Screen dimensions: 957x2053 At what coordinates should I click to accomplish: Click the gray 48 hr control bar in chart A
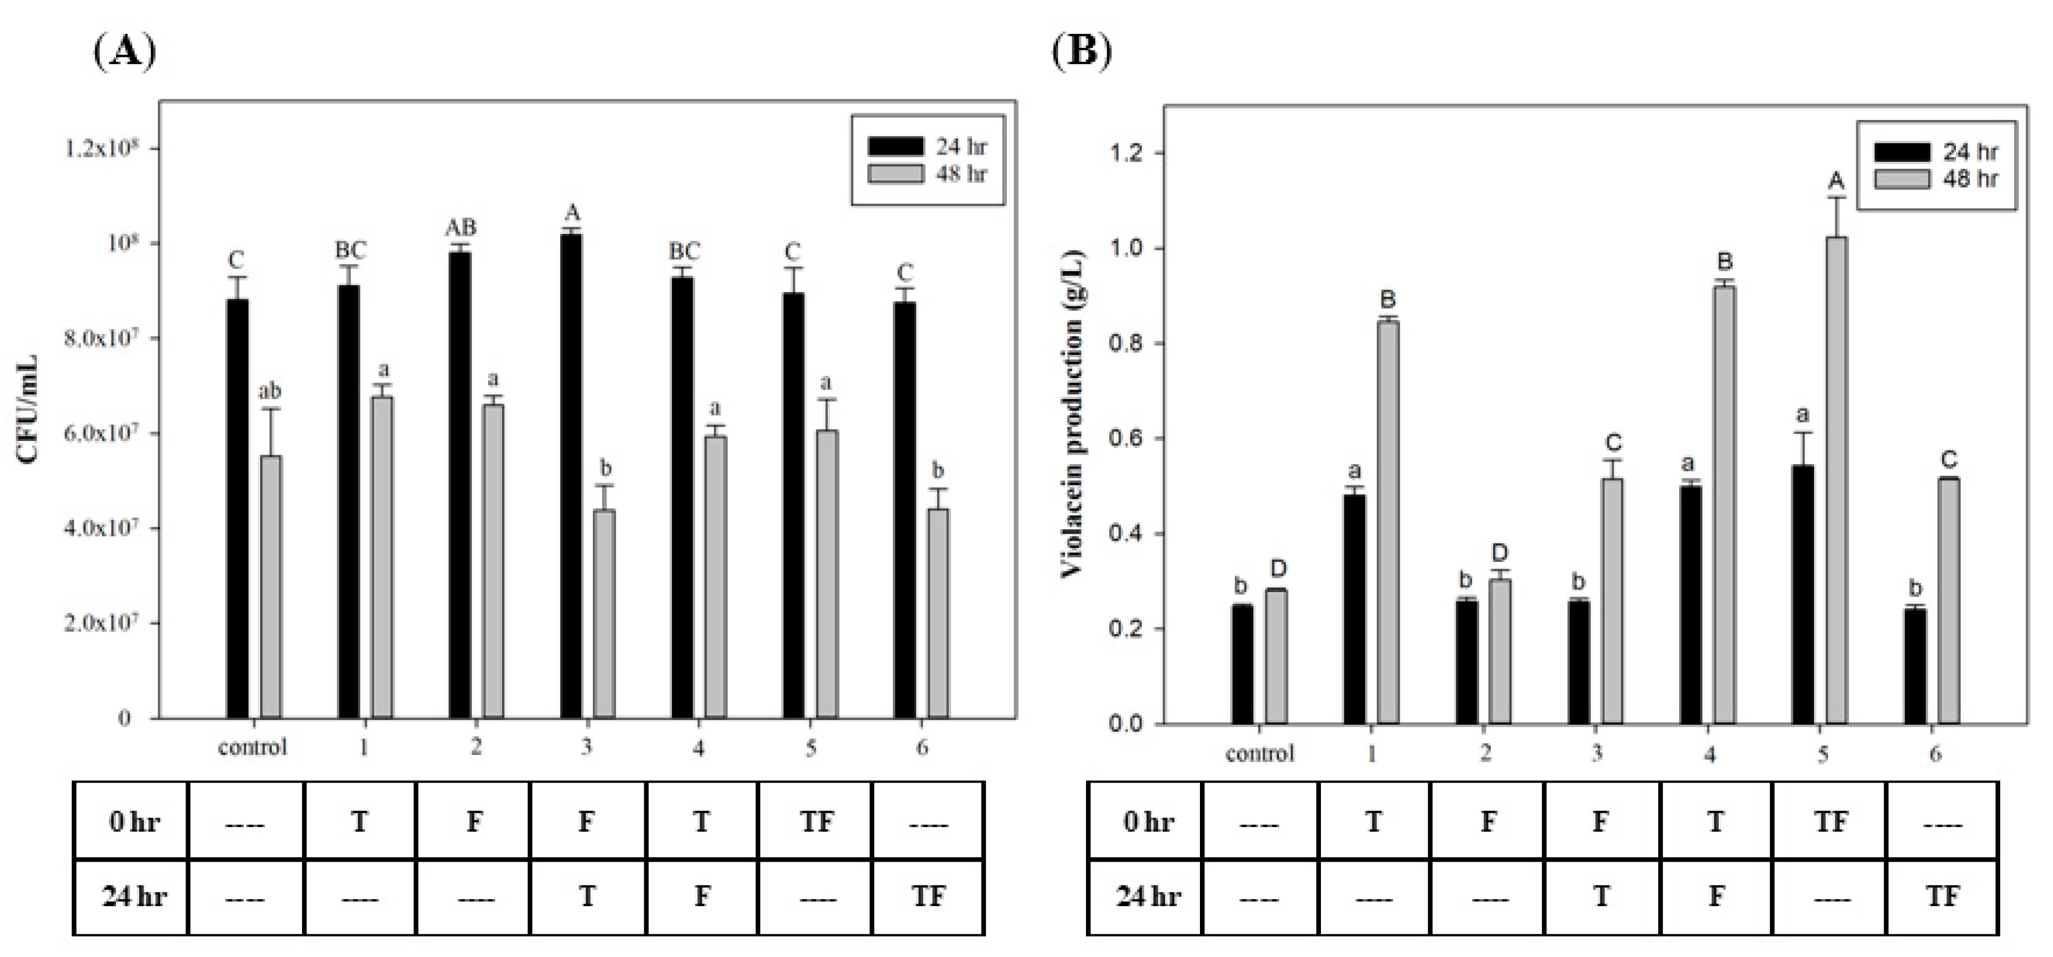(x=271, y=587)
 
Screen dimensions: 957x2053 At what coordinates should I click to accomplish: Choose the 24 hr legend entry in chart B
(x=1937, y=152)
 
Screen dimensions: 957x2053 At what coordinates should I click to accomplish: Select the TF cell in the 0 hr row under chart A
(x=816, y=821)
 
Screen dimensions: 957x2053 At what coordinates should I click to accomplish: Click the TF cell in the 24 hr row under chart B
(x=1942, y=897)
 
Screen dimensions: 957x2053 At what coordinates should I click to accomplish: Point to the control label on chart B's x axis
(x=1259, y=753)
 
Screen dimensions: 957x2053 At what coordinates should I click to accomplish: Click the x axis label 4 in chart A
(x=698, y=747)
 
